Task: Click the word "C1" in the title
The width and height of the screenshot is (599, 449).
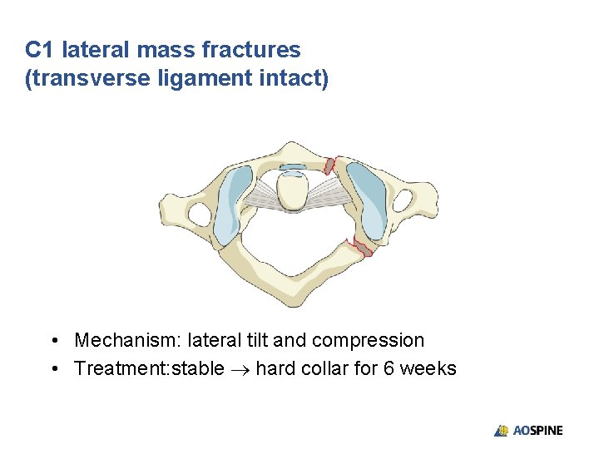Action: pyautogui.click(x=39, y=51)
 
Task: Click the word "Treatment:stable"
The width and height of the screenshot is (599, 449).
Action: pyautogui.click(x=149, y=368)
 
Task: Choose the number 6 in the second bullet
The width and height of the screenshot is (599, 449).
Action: pyautogui.click(x=389, y=368)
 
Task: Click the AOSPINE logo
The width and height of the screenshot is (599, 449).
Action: pyautogui.click(x=528, y=430)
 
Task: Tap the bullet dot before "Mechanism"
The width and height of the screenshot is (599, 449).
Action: pyautogui.click(x=53, y=341)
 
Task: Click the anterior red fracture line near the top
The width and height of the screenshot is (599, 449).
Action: pyautogui.click(x=330, y=164)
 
